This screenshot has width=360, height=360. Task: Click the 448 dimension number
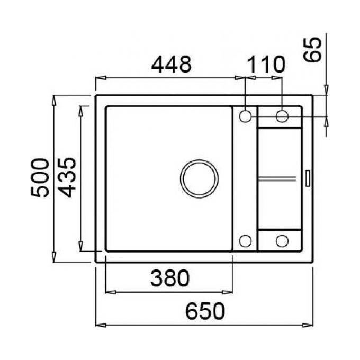172,64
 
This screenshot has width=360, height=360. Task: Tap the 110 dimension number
266,65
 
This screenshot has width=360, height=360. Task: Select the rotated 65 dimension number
312,50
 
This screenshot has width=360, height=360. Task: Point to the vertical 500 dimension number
40,178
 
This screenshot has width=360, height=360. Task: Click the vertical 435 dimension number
67,177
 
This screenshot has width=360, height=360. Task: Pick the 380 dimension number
170,278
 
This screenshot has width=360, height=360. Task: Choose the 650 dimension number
205,311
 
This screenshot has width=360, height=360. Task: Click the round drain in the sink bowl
199,178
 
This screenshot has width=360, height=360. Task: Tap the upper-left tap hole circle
245,116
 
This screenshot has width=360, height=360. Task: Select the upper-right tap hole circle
282,116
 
